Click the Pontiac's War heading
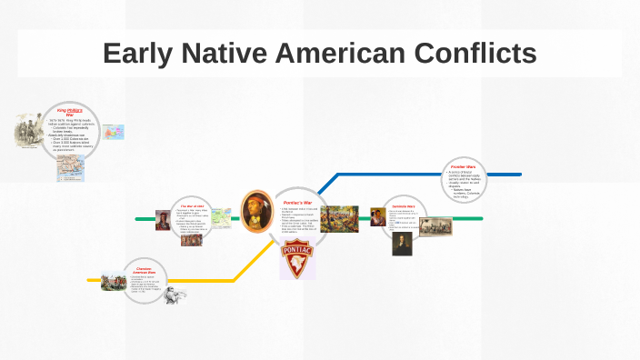click(x=297, y=202)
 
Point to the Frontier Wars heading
click(x=464, y=167)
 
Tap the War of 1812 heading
click(x=192, y=205)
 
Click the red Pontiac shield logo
click(x=295, y=259)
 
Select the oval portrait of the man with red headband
click(x=256, y=211)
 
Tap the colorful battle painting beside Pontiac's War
click(x=338, y=219)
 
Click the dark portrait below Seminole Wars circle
click(x=402, y=244)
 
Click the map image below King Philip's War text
click(x=71, y=167)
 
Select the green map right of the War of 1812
click(x=222, y=217)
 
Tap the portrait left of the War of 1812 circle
click(x=163, y=220)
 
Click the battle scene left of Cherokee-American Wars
click(x=113, y=280)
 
